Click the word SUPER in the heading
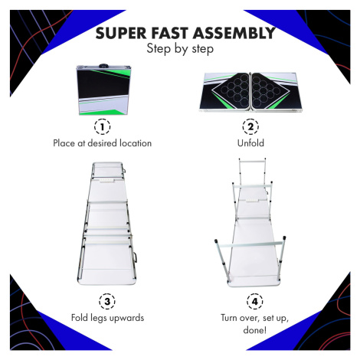coord(121,33)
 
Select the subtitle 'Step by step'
coord(180,48)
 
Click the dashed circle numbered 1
coord(103,126)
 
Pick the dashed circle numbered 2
coord(250,126)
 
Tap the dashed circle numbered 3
coord(107,301)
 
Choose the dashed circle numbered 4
coord(255,301)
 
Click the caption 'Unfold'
coord(250,143)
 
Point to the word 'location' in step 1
coord(136,143)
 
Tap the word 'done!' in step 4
coord(255,330)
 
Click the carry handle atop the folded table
coord(103,65)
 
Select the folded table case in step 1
coord(104,90)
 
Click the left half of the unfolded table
coord(225,92)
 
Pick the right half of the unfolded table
coord(277,92)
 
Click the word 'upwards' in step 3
coord(126,319)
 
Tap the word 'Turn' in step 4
coord(230,318)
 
